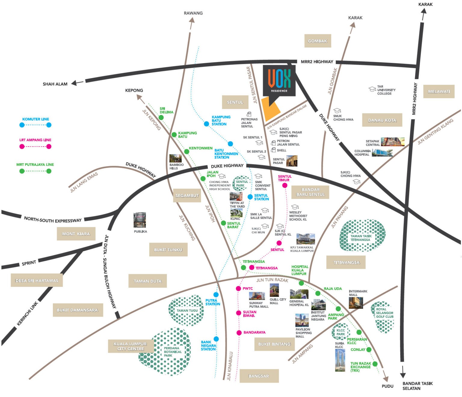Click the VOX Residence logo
279,80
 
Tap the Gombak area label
318,41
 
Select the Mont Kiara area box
76,234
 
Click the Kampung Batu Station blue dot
206,124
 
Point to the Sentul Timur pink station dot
285,185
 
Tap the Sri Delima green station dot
161,117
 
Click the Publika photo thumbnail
140,220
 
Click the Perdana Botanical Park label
172,352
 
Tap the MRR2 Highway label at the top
317,62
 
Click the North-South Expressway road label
53,220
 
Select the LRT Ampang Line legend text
35,140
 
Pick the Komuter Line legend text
35,119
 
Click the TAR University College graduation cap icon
372,89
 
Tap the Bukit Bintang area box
274,344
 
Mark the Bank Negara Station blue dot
216,339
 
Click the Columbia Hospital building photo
382,153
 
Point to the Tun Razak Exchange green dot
375,364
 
